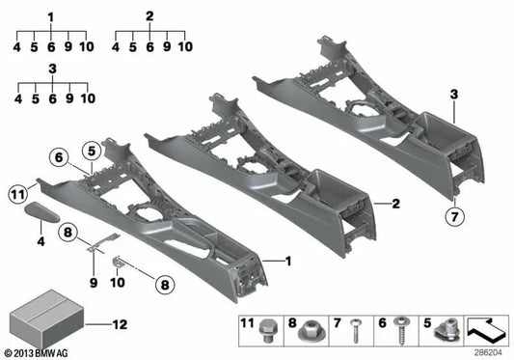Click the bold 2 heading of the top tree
tap(149, 16)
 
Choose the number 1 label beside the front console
tap(286, 261)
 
